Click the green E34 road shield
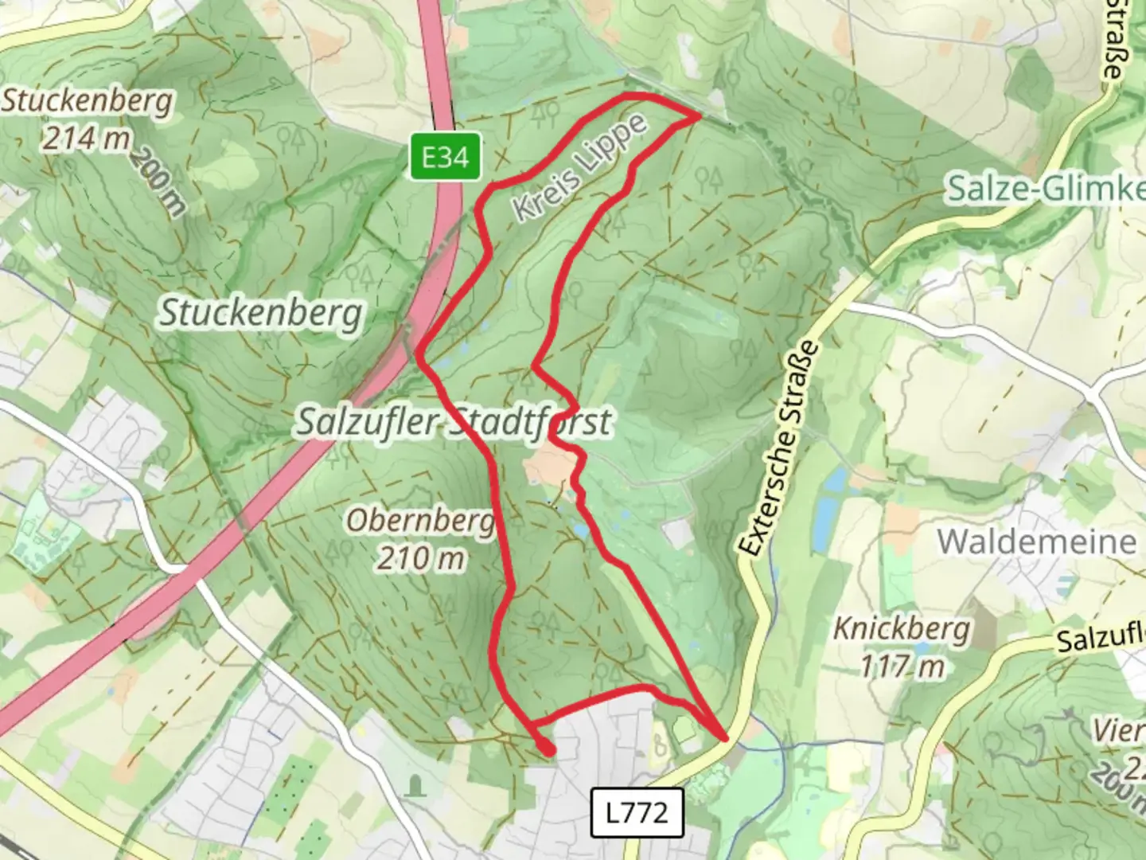(445, 156)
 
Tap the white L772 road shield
(637, 812)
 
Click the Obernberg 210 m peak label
(420, 540)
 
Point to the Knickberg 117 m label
(902, 646)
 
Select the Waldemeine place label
(1037, 541)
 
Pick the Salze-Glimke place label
(1045, 190)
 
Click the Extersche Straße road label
(778, 449)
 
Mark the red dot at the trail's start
(548, 749)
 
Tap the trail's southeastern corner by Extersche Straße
(724, 739)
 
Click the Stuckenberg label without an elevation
(262, 313)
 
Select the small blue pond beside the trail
(582, 530)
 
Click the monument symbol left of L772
(414, 787)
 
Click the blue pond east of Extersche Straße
(836, 479)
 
